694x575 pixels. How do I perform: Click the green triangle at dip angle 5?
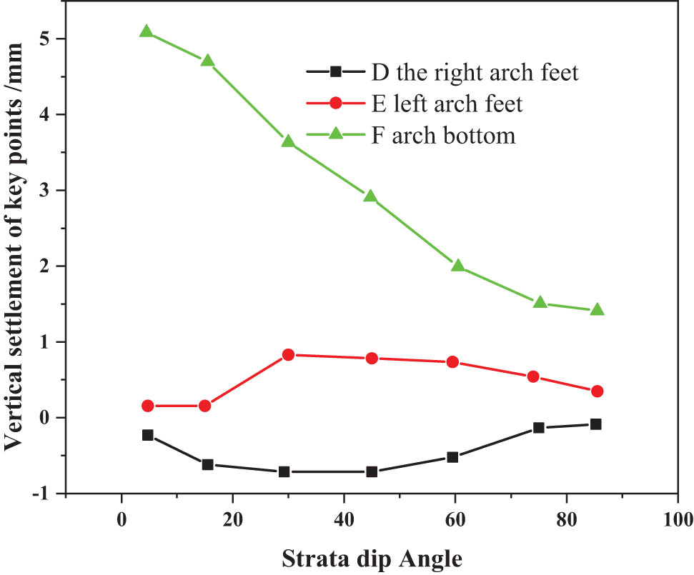(x=147, y=31)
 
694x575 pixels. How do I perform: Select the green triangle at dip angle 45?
(x=370, y=196)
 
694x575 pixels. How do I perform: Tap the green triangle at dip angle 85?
(x=597, y=309)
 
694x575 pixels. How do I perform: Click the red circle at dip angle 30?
(x=289, y=354)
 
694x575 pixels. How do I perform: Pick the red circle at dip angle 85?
(x=597, y=391)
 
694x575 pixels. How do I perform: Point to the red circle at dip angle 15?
(x=205, y=406)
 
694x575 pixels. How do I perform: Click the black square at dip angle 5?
(x=148, y=435)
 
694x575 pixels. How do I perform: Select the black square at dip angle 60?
(x=452, y=457)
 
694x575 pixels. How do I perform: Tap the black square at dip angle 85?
(x=595, y=424)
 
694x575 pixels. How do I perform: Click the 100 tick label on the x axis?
(x=677, y=518)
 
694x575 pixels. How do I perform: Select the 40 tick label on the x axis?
(x=344, y=518)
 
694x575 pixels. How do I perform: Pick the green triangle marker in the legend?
(x=334, y=135)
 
